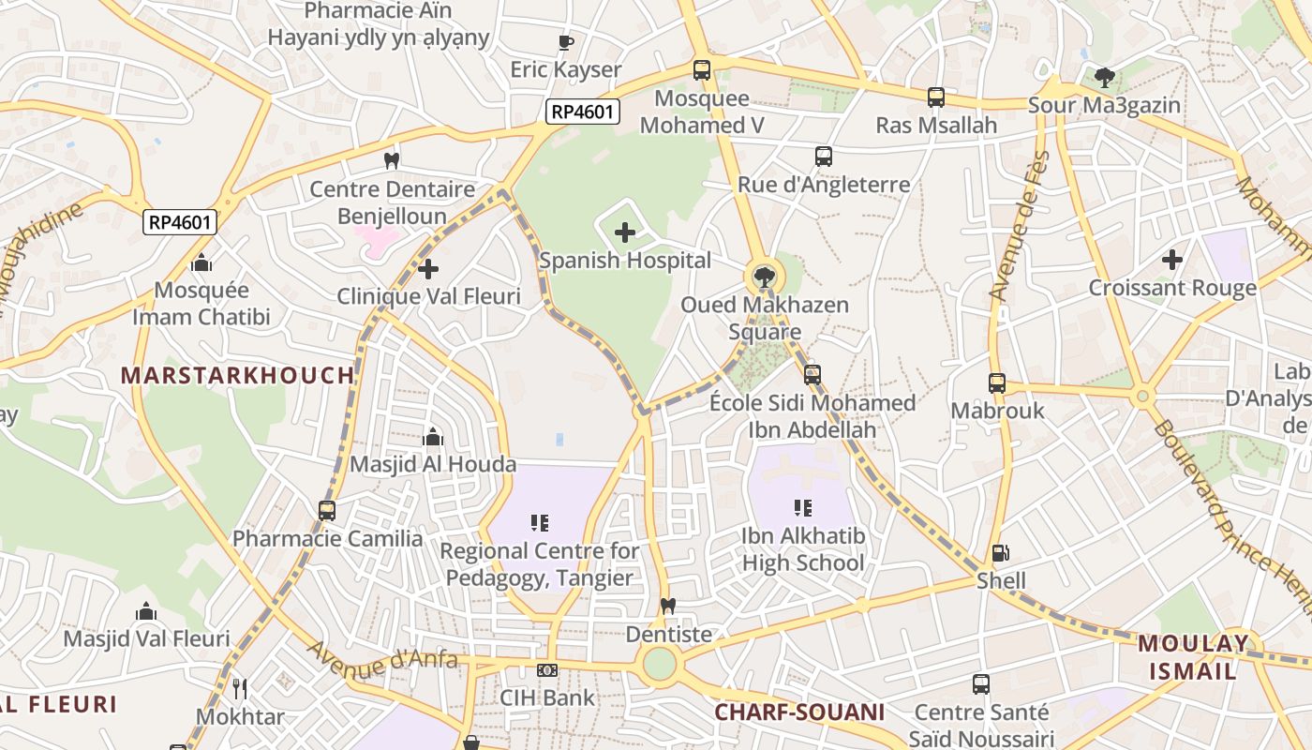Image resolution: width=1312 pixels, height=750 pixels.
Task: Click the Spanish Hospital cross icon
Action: coord(625,232)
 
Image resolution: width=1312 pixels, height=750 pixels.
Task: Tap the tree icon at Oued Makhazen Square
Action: coord(765,277)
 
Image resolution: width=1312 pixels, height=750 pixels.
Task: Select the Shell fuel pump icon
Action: coord(1001,554)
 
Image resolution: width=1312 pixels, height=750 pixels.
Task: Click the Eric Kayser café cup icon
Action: coord(565,42)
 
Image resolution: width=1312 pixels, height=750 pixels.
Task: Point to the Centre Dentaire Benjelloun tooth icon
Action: coord(392,161)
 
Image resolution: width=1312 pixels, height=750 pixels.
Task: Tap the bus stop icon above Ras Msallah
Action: coord(935,97)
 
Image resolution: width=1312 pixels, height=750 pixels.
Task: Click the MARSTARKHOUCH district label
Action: coord(238,376)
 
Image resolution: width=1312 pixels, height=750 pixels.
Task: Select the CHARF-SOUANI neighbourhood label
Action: coord(799,712)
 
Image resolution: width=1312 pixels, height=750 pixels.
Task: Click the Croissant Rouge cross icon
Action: coord(1171,260)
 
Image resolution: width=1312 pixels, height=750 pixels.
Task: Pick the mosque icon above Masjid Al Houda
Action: coord(432,437)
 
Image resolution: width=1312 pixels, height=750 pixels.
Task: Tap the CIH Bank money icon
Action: coord(547,670)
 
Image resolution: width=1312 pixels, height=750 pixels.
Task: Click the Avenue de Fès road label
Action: coord(1020,226)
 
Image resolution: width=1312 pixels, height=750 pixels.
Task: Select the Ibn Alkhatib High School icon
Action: coord(802,508)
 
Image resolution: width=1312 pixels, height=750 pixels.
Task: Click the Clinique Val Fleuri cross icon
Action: coord(428,270)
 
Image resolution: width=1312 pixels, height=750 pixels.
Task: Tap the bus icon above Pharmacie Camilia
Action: coord(326,511)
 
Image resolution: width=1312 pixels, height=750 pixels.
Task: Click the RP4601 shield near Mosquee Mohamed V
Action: coord(584,112)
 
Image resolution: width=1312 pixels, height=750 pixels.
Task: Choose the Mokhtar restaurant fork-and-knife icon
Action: coord(240,689)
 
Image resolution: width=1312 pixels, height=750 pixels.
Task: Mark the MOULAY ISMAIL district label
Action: coord(1192,657)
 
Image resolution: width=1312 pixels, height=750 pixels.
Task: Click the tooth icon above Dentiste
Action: coord(668,607)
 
